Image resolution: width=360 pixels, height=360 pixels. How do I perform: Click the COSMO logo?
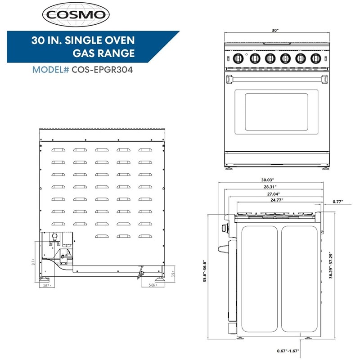click(x=76, y=15)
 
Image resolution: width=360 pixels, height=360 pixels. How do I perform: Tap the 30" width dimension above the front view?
click(x=275, y=30)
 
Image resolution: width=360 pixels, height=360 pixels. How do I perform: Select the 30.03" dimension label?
click(x=270, y=179)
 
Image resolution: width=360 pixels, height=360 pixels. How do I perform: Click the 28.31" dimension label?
click(x=270, y=186)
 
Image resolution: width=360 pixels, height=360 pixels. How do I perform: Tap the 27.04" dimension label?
click(x=272, y=193)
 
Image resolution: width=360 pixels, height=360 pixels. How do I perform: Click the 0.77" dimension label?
click(x=338, y=202)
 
